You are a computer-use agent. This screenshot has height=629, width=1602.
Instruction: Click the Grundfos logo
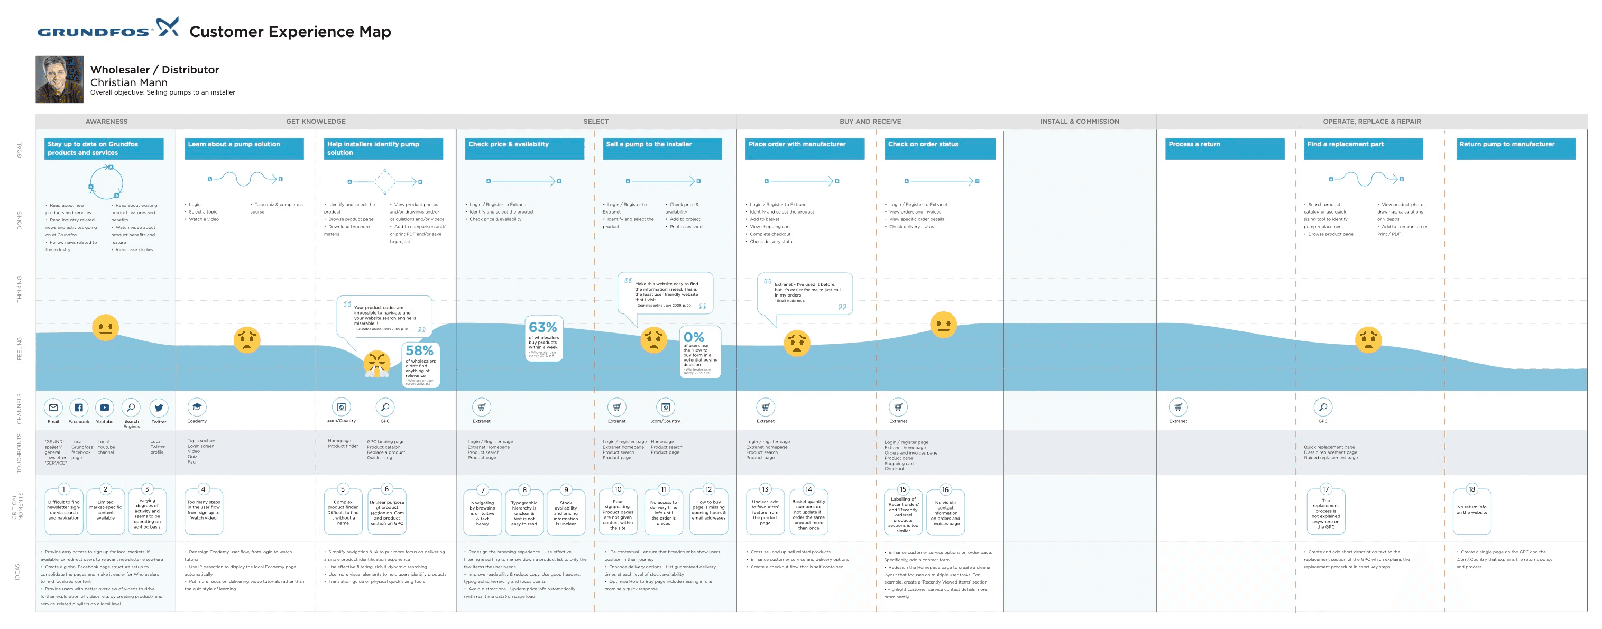pos(107,29)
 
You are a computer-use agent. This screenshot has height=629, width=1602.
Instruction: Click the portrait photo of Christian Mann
pos(59,79)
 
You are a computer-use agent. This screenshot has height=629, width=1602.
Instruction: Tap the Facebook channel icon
pos(79,408)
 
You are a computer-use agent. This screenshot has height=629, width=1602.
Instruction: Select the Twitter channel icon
pos(159,408)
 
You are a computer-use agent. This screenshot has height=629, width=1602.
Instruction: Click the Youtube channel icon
pos(105,408)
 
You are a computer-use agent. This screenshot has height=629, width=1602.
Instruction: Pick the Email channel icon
pos(53,408)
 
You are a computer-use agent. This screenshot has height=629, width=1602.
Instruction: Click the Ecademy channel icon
pos(197,407)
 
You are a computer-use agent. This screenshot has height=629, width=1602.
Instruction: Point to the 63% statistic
pos(542,328)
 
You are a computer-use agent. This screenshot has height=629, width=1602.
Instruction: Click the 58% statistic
pos(419,351)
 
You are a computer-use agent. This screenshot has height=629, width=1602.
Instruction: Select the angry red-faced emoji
pos(377,364)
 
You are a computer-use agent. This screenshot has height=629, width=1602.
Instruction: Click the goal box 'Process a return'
pos(1224,149)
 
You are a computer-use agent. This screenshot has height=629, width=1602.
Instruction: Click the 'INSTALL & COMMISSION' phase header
pos(1079,121)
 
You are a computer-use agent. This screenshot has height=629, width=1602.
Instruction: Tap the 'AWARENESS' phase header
pos(106,121)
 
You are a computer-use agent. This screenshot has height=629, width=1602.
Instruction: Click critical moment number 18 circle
pos(1471,489)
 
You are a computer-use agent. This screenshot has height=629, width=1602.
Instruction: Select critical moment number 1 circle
pos(63,489)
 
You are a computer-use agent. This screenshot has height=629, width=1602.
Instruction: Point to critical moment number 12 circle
pos(708,489)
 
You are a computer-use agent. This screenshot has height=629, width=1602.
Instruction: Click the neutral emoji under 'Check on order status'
pos(943,325)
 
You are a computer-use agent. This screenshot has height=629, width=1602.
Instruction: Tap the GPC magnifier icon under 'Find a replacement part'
pos(1323,407)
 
